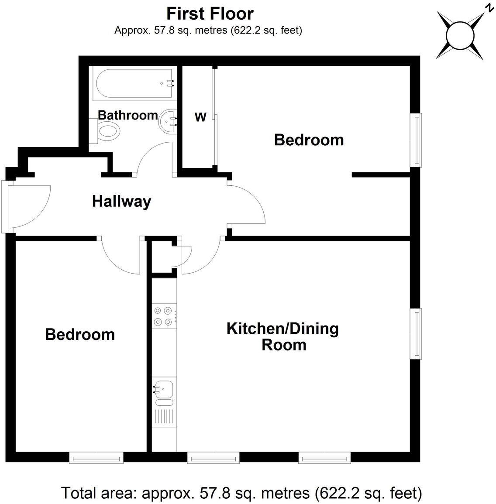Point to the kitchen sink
click(163, 389)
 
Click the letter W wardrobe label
click(200, 117)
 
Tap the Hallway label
click(121, 202)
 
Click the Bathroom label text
click(127, 115)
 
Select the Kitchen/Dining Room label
click(282, 336)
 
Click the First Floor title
click(210, 14)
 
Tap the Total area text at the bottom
click(241, 493)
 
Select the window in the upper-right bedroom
click(418, 140)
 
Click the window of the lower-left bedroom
click(96, 457)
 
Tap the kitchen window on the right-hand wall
click(418, 334)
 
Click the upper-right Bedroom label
click(309, 140)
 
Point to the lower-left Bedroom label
click(80, 335)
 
